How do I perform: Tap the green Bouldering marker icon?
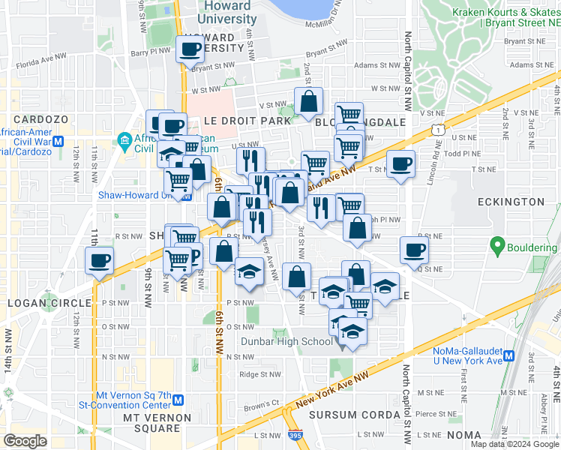(496, 244)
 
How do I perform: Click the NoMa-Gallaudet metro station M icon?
(508, 356)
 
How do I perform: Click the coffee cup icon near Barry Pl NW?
(190, 49)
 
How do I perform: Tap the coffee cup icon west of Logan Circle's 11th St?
(100, 261)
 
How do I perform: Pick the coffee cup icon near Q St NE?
(413, 250)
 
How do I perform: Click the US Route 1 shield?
(437, 131)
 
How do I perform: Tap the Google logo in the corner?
(25, 441)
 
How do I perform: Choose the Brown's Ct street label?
(262, 408)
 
